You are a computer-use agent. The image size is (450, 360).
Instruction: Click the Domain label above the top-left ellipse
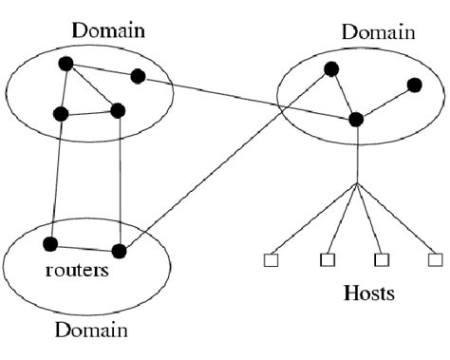(108, 30)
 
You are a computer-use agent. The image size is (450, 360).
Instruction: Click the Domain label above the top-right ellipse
(379, 32)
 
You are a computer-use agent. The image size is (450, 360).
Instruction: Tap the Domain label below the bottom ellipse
(90, 331)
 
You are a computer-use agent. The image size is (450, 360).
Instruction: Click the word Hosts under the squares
(368, 294)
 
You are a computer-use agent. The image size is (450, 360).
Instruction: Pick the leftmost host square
(270, 259)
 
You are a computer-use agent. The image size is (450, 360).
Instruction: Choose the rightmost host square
(435, 258)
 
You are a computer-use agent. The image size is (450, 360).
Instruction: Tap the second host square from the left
(327, 259)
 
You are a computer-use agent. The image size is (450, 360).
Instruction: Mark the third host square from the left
(382, 258)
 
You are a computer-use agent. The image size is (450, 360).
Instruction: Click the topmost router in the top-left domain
(66, 64)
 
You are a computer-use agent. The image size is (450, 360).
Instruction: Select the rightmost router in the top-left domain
(138, 76)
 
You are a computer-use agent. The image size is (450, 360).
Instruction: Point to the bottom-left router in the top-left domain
(61, 114)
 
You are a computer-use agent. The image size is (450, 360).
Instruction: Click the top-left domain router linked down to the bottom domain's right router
(118, 110)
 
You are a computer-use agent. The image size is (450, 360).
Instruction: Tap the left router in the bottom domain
(53, 241)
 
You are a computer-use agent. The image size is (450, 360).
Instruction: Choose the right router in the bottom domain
(119, 251)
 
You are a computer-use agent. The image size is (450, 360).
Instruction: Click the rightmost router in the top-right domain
(414, 85)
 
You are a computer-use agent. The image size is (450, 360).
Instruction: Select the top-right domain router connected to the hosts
(356, 119)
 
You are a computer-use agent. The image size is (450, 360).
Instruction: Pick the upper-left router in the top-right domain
(330, 68)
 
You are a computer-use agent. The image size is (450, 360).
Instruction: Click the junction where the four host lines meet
(356, 183)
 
